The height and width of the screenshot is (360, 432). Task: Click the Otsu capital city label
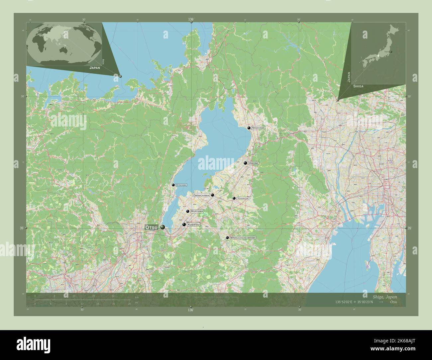(x=151, y=227)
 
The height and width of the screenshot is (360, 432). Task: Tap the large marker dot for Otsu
(x=162, y=227)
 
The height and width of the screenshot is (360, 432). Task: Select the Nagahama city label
(x=258, y=128)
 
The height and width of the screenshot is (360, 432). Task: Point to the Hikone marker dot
(x=245, y=163)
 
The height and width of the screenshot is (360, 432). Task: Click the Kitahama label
(x=181, y=185)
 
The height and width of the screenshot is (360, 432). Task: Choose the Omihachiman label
(x=201, y=195)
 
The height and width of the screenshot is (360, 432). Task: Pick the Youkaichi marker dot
(x=234, y=198)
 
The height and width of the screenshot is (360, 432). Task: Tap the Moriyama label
(x=196, y=211)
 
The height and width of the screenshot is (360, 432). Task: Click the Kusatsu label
(x=193, y=225)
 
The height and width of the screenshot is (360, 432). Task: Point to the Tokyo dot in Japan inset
(x=391, y=52)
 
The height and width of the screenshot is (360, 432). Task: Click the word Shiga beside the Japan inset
(x=358, y=86)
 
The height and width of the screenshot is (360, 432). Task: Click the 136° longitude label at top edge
(x=191, y=20)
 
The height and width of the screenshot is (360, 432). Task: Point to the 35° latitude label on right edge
(x=409, y=228)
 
